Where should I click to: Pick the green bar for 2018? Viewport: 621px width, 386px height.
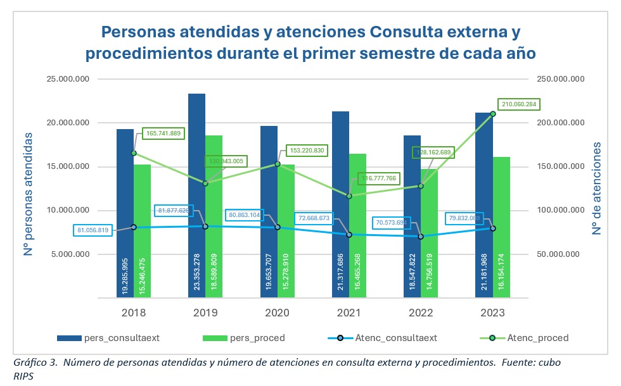pyautogui.click(x=142, y=215)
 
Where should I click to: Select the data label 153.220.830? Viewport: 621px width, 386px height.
pyautogui.click(x=306, y=151)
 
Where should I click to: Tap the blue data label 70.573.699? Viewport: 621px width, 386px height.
pyautogui.click(x=391, y=223)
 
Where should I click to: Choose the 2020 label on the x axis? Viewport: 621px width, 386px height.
pyautogui.click(x=277, y=313)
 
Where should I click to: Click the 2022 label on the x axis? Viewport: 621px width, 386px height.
pyautogui.click(x=421, y=313)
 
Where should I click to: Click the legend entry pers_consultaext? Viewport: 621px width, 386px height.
pyautogui.click(x=120, y=338)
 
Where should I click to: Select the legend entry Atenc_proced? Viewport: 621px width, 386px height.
pyautogui.click(x=537, y=338)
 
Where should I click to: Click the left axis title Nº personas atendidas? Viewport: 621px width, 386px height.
pyautogui.click(x=29, y=189)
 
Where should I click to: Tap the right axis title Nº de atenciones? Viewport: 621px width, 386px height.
pyautogui.click(x=597, y=189)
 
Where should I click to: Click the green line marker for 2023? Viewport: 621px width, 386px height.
pyautogui.click(x=493, y=114)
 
